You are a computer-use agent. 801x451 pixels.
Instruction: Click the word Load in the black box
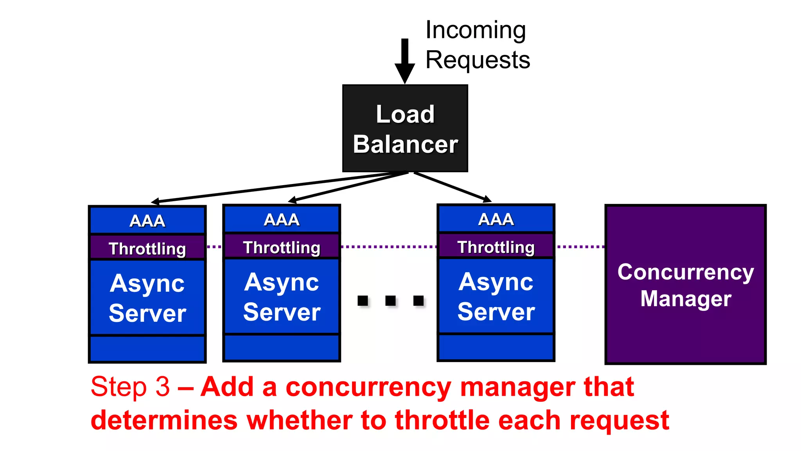pyautogui.click(x=405, y=114)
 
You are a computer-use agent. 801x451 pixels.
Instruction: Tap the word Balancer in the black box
pyautogui.click(x=405, y=144)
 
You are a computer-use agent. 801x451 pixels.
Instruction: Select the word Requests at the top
pyautogui.click(x=478, y=60)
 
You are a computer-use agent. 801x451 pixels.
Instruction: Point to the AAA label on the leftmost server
pyautogui.click(x=147, y=221)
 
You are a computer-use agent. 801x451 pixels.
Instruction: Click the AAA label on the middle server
pyautogui.click(x=282, y=220)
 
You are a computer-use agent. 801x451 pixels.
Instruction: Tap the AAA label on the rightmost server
pyautogui.click(x=496, y=219)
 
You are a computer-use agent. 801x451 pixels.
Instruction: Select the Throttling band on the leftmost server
pyautogui.click(x=147, y=249)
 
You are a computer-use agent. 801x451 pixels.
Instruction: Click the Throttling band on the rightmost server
pyautogui.click(x=496, y=247)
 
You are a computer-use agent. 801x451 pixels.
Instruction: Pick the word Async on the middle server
pyautogui.click(x=282, y=282)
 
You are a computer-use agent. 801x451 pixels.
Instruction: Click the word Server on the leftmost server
pyautogui.click(x=147, y=313)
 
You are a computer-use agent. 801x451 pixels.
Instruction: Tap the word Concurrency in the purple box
pyautogui.click(x=686, y=272)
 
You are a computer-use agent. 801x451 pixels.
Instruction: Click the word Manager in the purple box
pyautogui.click(x=686, y=299)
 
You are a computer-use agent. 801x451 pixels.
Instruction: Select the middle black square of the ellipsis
pyautogui.click(x=390, y=301)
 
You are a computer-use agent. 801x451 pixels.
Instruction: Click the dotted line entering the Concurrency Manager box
pyautogui.click(x=581, y=247)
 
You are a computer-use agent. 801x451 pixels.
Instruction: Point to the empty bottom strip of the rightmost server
pyautogui.click(x=496, y=347)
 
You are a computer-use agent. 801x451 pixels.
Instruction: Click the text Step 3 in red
pyautogui.click(x=130, y=387)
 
